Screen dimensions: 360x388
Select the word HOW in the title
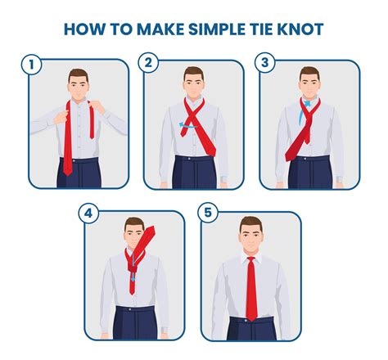click(82, 30)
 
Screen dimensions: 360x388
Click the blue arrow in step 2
click(187, 125)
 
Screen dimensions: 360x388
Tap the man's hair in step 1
click(78, 74)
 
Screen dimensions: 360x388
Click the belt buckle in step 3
click(309, 161)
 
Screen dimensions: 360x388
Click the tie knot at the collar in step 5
click(251, 260)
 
